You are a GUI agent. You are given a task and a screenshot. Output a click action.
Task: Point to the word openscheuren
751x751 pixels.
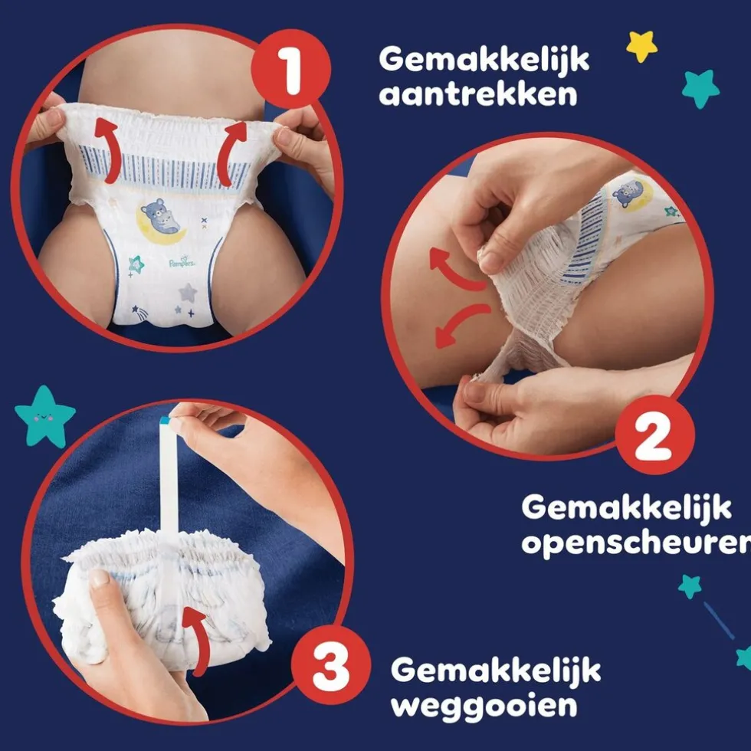pos(635,543)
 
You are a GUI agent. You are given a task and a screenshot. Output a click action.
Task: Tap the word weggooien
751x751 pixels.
pos(484,706)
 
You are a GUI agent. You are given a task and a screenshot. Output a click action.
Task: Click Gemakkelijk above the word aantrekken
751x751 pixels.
pos(484,58)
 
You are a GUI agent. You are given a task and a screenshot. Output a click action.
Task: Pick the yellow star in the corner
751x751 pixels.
pos(641,46)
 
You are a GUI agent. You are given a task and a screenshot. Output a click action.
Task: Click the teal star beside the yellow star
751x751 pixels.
pos(700,88)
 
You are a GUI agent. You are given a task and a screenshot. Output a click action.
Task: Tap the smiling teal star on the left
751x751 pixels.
pos(45,415)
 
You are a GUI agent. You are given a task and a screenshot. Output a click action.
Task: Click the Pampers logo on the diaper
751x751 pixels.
pos(182,263)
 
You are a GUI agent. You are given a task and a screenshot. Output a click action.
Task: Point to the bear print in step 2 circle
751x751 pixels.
pos(629,192)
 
